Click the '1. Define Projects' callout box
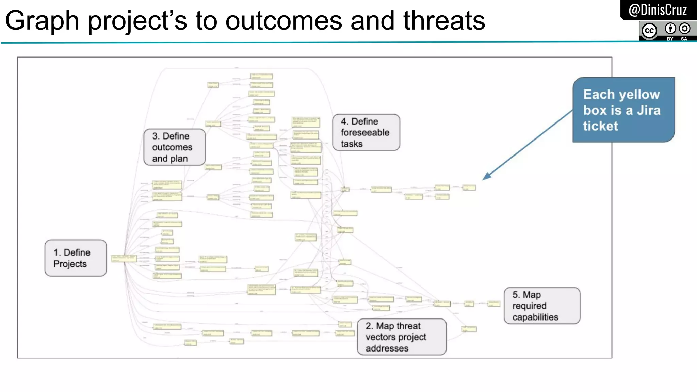click(x=76, y=258)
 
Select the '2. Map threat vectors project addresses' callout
click(x=402, y=337)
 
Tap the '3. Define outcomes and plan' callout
click(x=174, y=147)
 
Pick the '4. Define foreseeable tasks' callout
click(x=366, y=132)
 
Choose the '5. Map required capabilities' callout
click(x=542, y=306)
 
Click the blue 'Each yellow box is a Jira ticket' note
click(x=623, y=110)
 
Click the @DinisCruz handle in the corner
click(x=658, y=10)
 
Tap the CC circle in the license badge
click(x=649, y=31)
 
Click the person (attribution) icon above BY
click(x=670, y=29)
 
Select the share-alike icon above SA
click(x=684, y=29)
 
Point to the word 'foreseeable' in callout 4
click(x=365, y=132)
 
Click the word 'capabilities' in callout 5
click(x=535, y=317)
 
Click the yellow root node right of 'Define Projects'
click(x=124, y=258)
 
